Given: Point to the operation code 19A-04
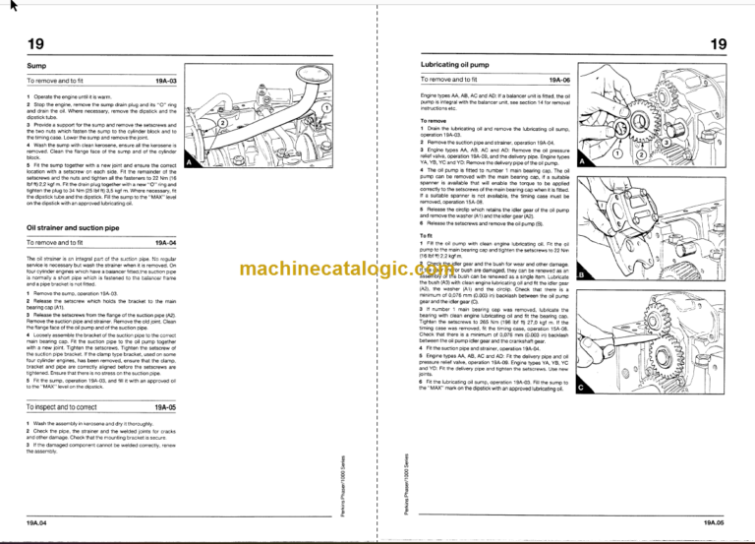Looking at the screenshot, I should point(165,243).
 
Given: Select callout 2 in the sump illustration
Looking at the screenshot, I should point(224,124).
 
